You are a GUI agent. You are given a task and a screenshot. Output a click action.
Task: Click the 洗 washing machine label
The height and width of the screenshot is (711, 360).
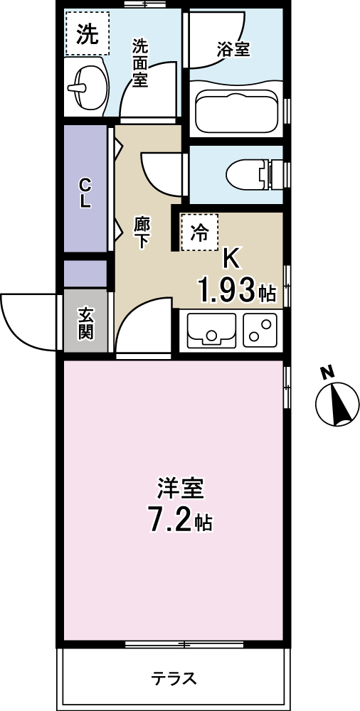coord(87,35)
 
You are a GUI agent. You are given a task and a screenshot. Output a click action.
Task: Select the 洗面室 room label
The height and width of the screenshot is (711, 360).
coord(140,63)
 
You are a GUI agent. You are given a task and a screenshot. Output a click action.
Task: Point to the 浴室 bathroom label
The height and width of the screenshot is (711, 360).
coord(233,50)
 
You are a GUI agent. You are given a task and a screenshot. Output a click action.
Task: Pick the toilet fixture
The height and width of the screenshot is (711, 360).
coord(254,176)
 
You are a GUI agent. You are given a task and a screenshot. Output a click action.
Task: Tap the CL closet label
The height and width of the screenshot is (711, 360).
coord(85,193)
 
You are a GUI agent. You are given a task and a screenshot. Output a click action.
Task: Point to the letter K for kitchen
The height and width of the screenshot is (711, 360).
coord(231,260)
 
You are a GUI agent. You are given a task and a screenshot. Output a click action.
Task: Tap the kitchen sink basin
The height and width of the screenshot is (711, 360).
coord(212,330)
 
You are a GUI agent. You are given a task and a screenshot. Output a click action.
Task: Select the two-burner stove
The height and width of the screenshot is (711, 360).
coord(260,330)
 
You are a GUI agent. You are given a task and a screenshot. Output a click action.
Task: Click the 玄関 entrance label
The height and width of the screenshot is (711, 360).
coord(86,324)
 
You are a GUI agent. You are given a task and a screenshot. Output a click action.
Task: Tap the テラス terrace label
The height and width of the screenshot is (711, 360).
coord(174,678)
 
